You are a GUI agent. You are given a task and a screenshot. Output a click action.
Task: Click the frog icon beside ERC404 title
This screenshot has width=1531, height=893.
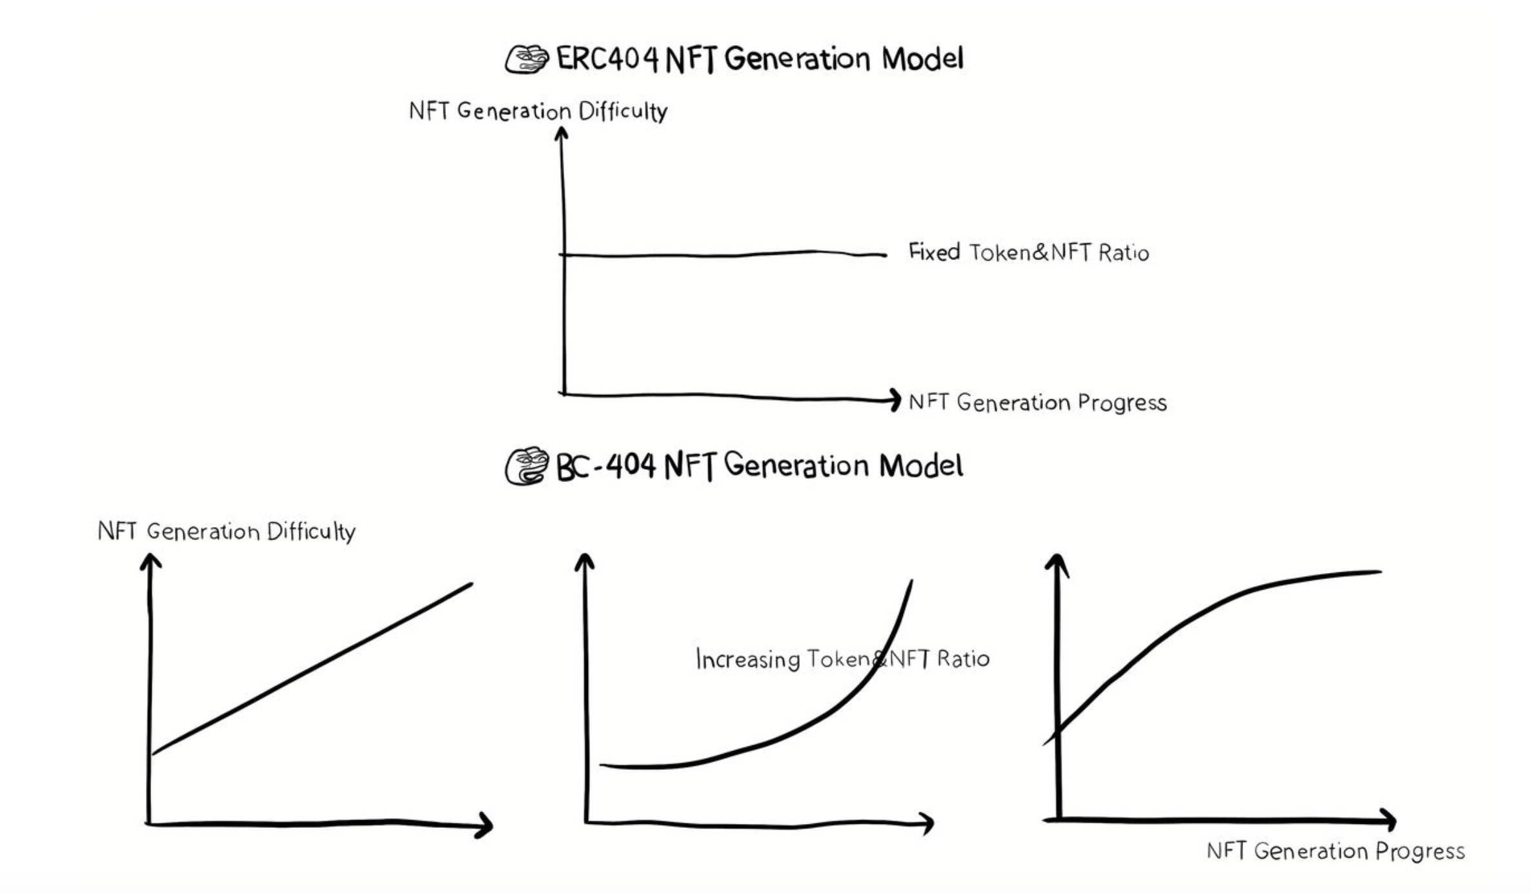click(526, 60)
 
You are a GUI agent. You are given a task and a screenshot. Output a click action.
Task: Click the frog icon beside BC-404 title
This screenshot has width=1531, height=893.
click(526, 466)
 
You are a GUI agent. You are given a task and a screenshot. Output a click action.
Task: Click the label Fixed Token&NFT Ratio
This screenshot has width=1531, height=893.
click(1028, 252)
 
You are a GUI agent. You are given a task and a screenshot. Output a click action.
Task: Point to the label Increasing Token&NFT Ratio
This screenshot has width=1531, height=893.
click(842, 659)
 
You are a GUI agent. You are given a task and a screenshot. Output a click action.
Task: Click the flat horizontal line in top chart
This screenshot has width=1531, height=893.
click(723, 255)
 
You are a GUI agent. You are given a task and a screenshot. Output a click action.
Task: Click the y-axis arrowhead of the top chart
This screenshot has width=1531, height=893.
click(562, 133)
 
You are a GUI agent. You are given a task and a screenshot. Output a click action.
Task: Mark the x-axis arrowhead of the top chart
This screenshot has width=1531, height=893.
click(895, 400)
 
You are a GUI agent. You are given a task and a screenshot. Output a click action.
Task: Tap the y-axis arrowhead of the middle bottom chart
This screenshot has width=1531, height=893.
click(584, 561)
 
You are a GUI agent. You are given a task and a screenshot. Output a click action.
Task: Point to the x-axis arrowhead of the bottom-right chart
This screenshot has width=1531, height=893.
click(1389, 820)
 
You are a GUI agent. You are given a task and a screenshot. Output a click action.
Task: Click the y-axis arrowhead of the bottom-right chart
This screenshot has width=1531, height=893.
click(1057, 563)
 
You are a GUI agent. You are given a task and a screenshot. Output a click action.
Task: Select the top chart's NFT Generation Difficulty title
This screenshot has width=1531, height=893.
click(538, 111)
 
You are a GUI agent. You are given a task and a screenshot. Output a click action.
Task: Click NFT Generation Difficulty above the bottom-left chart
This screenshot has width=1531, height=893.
click(226, 532)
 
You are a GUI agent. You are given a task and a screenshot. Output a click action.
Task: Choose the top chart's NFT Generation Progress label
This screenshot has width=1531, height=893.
click(1037, 403)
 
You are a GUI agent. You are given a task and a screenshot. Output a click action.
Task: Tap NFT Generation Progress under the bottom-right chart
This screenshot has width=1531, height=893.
click(1335, 851)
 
